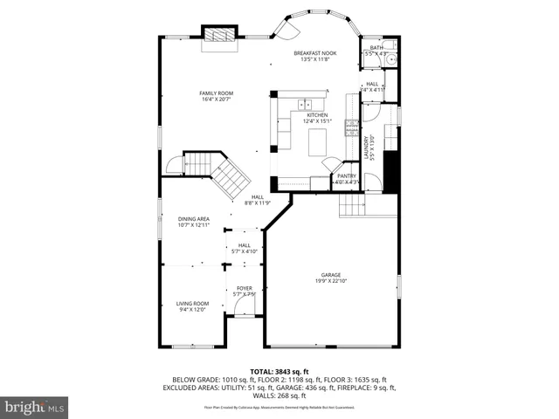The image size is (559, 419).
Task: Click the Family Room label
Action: [x=216, y=93]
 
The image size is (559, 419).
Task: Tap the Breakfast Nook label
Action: [x=316, y=53]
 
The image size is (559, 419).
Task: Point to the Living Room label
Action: [x=192, y=303]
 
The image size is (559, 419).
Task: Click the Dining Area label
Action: [x=194, y=219]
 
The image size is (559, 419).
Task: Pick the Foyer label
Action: [x=244, y=288]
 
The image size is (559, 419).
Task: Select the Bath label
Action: [x=376, y=48]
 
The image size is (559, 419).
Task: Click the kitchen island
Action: [x=316, y=140]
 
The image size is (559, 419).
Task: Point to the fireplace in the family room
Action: [x=218, y=34]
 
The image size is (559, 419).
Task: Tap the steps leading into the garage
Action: [x=352, y=206]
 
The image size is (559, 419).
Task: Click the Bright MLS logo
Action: [x=35, y=407]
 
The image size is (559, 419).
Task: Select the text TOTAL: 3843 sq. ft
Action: [x=279, y=371]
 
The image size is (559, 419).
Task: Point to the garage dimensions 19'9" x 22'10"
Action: [x=330, y=281]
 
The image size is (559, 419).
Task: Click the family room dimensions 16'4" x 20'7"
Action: [x=216, y=100]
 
